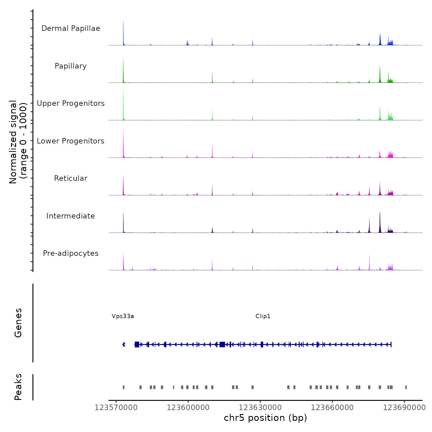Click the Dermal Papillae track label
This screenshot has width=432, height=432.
click(71, 28)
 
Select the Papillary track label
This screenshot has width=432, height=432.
click(71, 66)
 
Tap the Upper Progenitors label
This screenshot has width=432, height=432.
click(71, 103)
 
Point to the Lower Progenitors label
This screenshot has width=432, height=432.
click(71, 141)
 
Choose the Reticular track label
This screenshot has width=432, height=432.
click(71, 178)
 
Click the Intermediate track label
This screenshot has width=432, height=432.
click(71, 216)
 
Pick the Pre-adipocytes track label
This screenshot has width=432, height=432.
click(71, 253)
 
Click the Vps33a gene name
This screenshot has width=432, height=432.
click(123, 316)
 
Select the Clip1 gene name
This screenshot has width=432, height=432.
click(263, 316)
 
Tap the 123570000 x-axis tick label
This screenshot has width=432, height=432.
click(116, 408)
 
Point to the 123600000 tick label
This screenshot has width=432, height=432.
click(188, 408)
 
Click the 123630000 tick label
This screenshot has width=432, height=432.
click(260, 408)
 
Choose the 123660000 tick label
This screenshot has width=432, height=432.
click(332, 408)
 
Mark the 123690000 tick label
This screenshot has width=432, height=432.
click(404, 408)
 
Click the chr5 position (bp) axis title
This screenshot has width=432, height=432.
click(265, 418)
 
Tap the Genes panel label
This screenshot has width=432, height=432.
click(18, 323)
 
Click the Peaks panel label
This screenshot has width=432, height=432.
click(18, 387)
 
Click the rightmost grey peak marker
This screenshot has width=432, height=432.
click(406, 387)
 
